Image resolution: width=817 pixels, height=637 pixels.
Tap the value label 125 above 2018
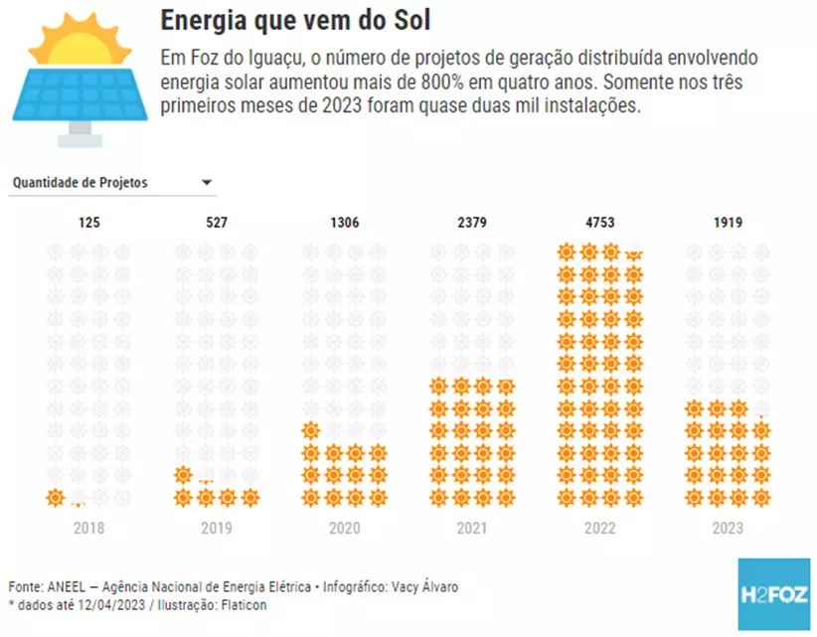point(89,223)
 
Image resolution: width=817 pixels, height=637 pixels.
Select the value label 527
point(217,223)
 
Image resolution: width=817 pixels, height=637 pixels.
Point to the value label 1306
point(344,223)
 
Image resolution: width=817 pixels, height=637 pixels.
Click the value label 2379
point(472,223)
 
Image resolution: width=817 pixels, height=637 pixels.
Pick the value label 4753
point(600,223)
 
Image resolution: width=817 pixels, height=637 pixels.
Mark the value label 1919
point(728,223)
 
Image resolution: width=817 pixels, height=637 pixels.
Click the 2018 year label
point(89,529)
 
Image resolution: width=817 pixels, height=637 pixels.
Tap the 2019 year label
point(217,529)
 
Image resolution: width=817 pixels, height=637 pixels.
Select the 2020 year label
point(344,529)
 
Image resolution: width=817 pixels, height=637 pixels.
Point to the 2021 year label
point(472,529)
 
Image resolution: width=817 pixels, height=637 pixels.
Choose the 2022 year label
point(600,529)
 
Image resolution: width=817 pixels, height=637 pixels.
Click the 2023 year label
point(728,529)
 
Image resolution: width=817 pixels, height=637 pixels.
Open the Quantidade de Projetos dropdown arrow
point(207,183)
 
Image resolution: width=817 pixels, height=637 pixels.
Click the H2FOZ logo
point(774,593)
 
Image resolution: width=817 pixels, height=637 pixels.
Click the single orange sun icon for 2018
point(56,498)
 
